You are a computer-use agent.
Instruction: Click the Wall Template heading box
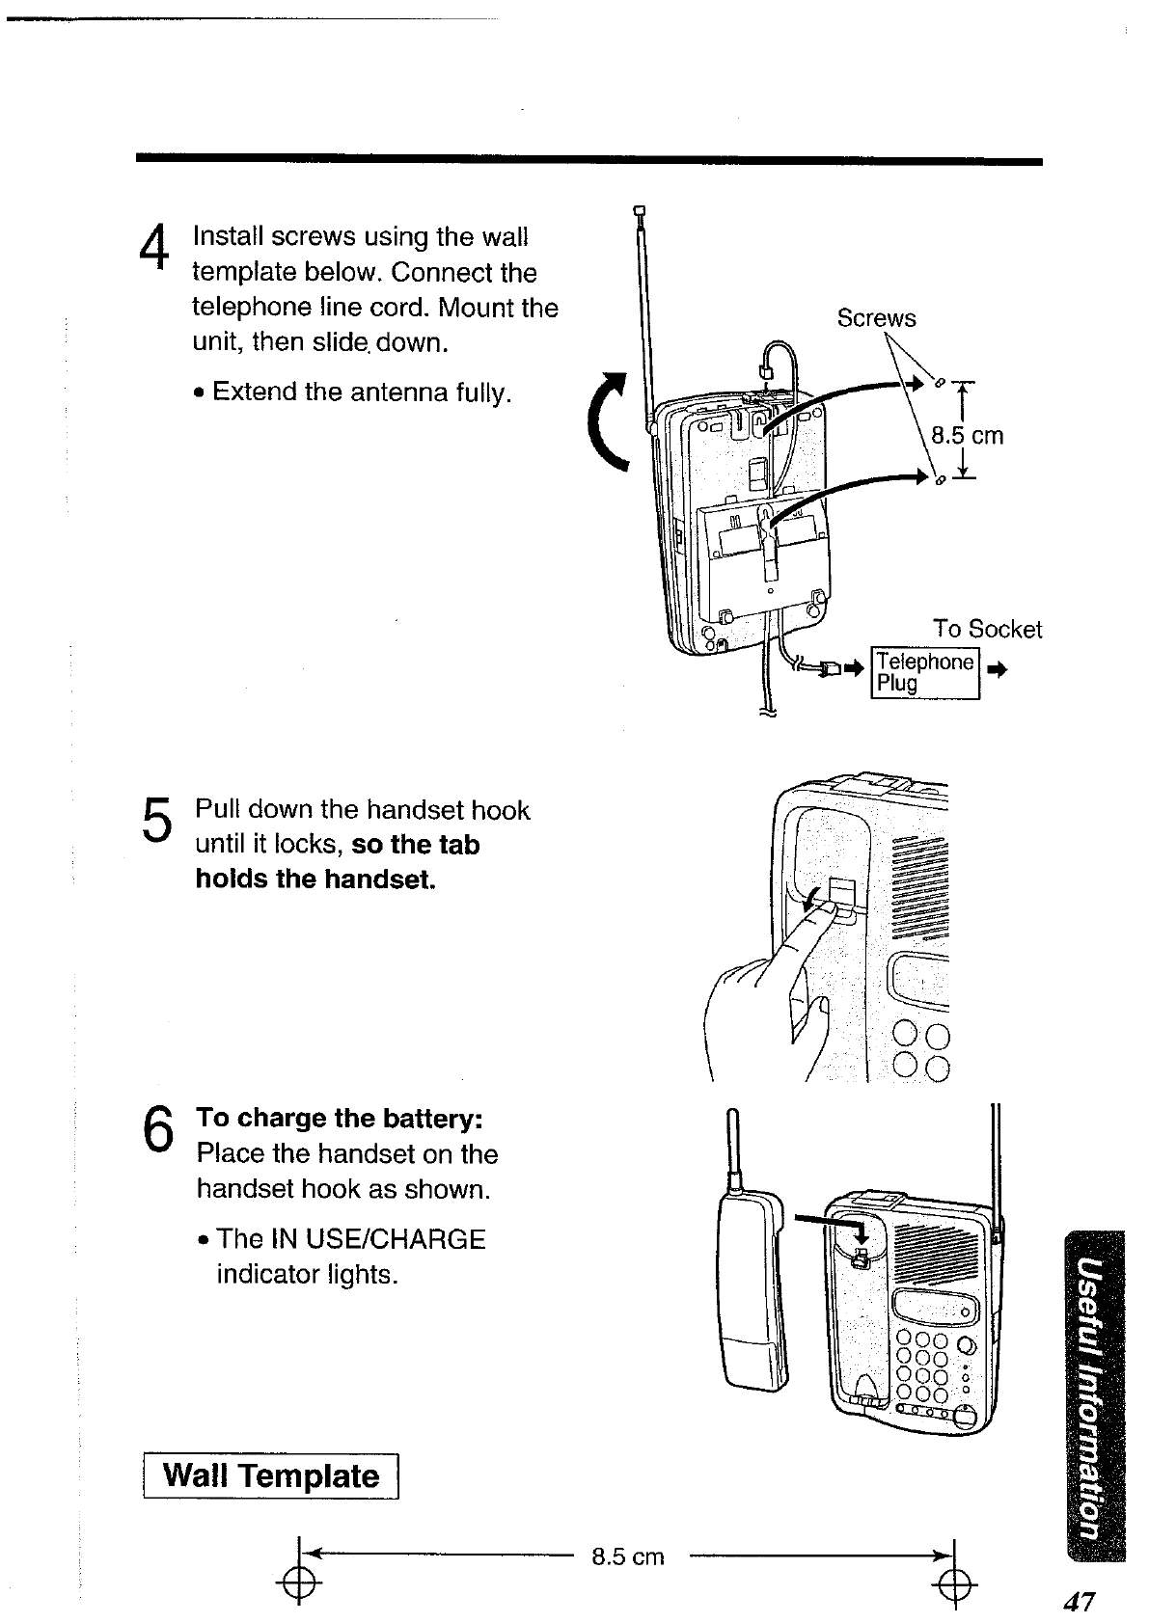coord(271,1476)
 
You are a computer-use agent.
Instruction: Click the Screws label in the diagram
coord(876,318)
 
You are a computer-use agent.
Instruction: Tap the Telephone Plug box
coord(925,672)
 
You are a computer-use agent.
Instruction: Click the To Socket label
coord(987,630)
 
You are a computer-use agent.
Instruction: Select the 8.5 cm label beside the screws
coord(968,436)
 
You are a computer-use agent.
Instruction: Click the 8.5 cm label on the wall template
coord(628,1556)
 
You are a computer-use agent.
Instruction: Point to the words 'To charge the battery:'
coord(339,1119)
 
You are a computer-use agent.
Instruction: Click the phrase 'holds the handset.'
coord(315,879)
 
